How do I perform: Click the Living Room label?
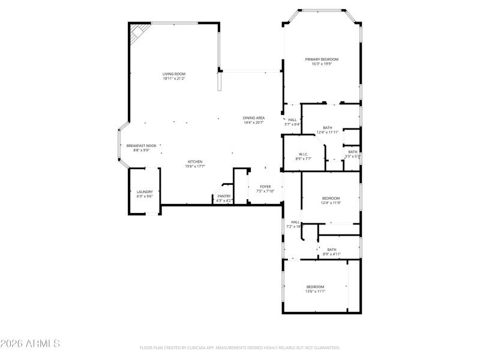click(173, 74)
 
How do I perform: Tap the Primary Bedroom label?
click(322, 59)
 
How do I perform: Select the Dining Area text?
click(254, 118)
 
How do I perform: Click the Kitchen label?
click(195, 161)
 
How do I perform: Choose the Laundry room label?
click(145, 191)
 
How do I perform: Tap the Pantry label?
click(224, 196)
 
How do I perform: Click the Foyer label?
click(265, 187)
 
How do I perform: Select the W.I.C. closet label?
click(302, 154)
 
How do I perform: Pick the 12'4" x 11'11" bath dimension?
click(328, 132)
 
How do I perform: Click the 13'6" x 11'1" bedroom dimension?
click(315, 292)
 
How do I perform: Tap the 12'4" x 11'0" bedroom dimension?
click(331, 203)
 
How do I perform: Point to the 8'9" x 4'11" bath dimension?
click(332, 254)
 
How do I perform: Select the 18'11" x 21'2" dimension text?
click(173, 79)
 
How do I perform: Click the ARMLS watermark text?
click(30, 344)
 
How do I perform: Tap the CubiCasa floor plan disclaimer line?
click(240, 347)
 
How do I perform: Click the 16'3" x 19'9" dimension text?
click(322, 64)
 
